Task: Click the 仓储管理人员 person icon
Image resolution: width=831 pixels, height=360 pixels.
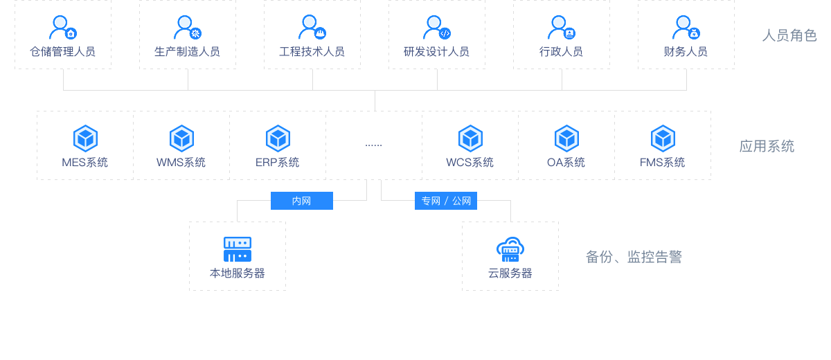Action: [x=62, y=28]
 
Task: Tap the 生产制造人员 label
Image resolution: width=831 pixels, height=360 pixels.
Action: [x=187, y=52]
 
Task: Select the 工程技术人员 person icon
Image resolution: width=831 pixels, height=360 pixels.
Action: [x=311, y=28]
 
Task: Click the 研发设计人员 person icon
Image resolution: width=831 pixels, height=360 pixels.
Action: [x=436, y=28]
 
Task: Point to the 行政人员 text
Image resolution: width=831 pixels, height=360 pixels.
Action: [x=561, y=52]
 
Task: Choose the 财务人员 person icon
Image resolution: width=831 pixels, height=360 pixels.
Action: [x=685, y=28]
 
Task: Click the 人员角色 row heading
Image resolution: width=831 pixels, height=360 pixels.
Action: [x=789, y=35]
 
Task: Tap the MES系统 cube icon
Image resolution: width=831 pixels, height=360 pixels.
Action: [x=85, y=138]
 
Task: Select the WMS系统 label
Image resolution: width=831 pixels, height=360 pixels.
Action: [x=181, y=163]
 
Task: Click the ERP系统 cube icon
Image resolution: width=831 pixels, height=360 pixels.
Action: [x=278, y=138]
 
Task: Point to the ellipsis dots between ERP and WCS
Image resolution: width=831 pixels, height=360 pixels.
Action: [x=373, y=145]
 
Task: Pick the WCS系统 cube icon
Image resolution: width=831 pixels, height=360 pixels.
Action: [x=470, y=138]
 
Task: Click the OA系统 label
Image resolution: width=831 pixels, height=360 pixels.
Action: [x=566, y=163]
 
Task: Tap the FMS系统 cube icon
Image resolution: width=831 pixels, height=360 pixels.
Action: [x=663, y=138]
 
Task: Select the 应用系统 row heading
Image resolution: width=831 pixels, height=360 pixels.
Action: [x=767, y=146]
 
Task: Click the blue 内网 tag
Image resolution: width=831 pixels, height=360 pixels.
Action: [x=301, y=201]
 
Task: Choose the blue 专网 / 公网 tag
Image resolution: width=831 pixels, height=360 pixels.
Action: [x=446, y=201]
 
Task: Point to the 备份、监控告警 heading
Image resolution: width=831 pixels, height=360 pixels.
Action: [x=634, y=257]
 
